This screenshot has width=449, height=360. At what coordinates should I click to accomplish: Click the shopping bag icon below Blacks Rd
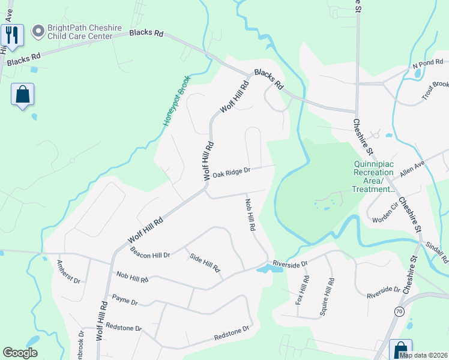click(x=22, y=95)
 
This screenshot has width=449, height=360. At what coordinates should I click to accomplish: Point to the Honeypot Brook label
click(x=176, y=100)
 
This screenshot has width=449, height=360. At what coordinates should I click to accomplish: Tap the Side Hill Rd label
click(x=205, y=263)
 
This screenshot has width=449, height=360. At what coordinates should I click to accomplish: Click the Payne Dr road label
click(x=125, y=300)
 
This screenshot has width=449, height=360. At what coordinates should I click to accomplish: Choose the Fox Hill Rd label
click(x=302, y=290)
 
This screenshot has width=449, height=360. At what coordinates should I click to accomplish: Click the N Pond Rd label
click(x=427, y=64)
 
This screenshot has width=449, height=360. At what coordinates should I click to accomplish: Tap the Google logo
click(x=20, y=353)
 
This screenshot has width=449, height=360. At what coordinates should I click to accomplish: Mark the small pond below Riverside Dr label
click(x=268, y=269)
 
